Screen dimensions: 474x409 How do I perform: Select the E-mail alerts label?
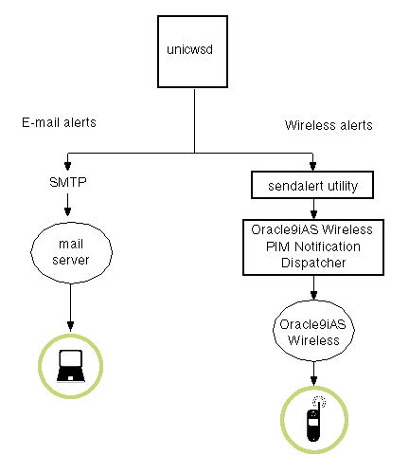[x=59, y=122]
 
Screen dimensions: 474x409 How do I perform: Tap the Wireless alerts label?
[x=329, y=125]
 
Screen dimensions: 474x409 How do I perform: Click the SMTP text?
[x=67, y=182]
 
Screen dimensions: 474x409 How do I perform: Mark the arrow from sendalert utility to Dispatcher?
[x=314, y=208]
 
